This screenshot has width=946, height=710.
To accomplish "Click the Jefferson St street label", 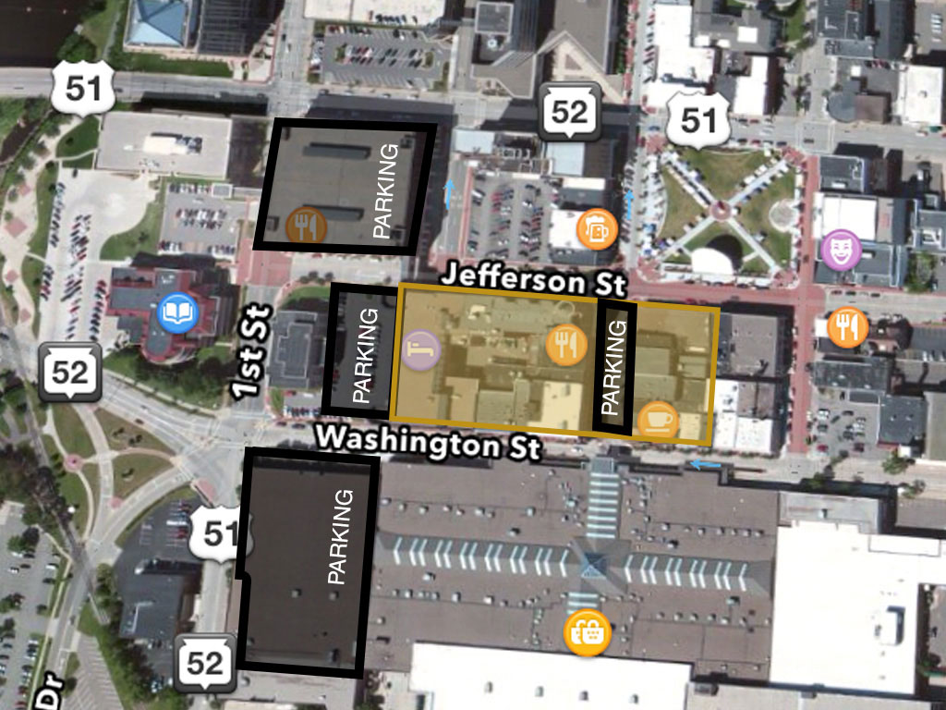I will (533, 277).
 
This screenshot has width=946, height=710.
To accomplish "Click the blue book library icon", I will (175, 313).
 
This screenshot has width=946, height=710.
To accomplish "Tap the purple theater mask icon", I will (842, 250).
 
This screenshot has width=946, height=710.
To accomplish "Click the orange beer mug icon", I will (594, 226).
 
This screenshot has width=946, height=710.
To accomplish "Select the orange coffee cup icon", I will (658, 421).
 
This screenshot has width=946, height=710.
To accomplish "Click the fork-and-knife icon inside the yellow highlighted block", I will (566, 344).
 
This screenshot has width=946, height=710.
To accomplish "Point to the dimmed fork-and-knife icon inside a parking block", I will (305, 226).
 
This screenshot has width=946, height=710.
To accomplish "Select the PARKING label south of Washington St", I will (340, 536).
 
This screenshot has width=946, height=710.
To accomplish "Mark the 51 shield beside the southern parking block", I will (220, 534).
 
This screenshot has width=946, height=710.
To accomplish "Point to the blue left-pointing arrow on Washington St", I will (707, 464).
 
